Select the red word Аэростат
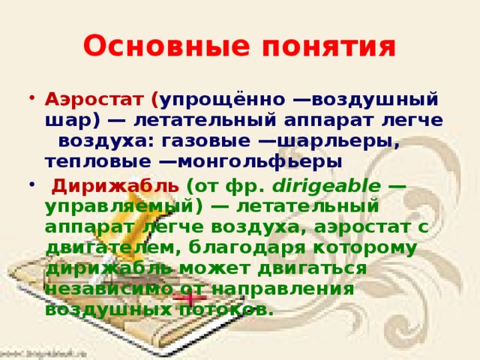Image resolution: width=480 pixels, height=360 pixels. (x=96, y=100)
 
